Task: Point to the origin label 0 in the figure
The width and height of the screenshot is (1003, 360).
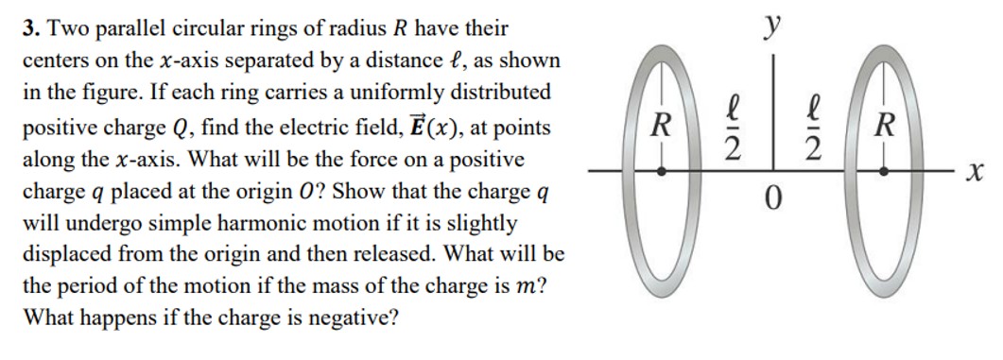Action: [x=772, y=200]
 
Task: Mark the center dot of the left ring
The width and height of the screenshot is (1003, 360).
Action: [x=662, y=172]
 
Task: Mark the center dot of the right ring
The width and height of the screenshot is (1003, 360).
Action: [x=885, y=172]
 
